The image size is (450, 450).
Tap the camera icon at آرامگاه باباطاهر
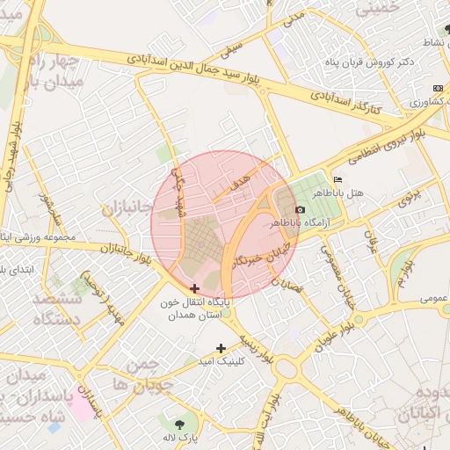[300, 210]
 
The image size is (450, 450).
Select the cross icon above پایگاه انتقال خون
[194, 288]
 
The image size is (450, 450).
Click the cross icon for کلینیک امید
[221, 348]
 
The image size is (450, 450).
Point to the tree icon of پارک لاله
[191, 420]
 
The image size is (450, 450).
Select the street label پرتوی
[410, 197]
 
